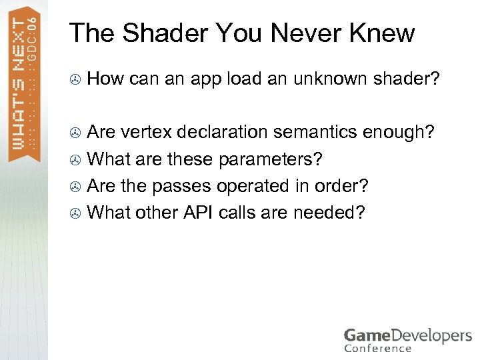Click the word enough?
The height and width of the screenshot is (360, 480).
point(399,132)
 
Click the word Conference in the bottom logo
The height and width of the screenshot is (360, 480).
point(378,347)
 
